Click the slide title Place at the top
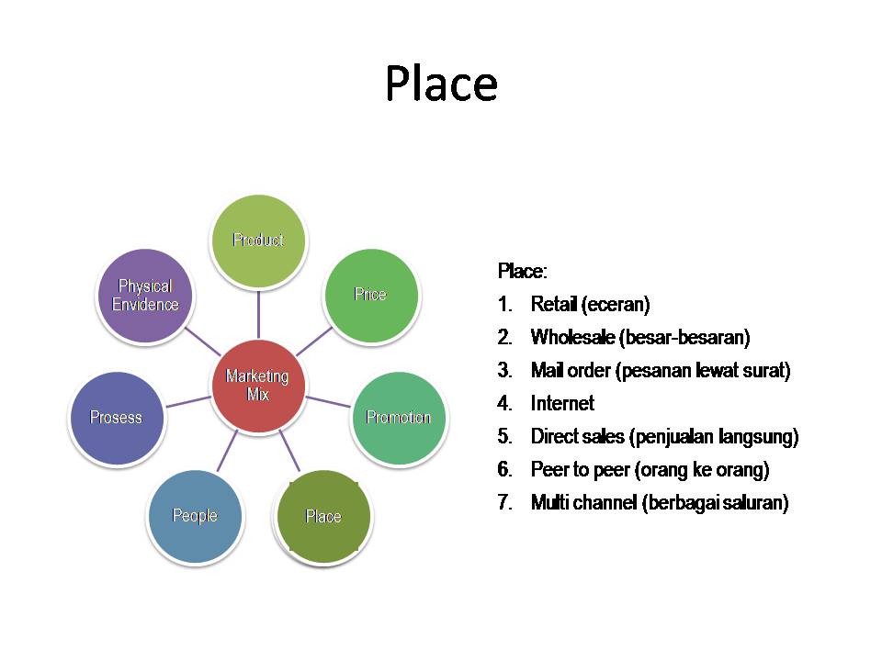(441, 84)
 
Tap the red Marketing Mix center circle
(257, 385)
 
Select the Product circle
(258, 241)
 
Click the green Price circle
(370, 295)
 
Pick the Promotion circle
(399, 418)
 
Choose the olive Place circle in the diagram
(323, 516)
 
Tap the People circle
(195, 516)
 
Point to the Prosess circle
(117, 418)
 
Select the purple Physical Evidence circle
(145, 296)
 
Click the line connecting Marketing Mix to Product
(258, 312)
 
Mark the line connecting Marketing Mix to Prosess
(188, 401)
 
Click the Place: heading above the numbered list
(522, 272)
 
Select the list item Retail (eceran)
(590, 305)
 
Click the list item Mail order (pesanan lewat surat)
(660, 371)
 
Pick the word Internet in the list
(562, 404)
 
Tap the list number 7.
(504, 503)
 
